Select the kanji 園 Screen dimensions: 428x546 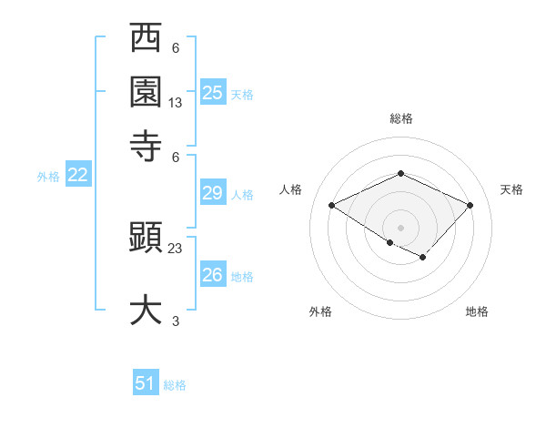tap(146, 91)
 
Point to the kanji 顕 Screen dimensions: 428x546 tap(146, 239)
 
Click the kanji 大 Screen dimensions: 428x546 tap(146, 308)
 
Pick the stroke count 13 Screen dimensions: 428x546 tap(176, 103)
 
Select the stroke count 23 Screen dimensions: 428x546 tap(176, 248)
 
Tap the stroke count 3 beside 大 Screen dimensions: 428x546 tap(176, 321)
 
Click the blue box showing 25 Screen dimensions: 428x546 tap(213, 92)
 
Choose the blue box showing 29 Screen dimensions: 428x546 tap(213, 192)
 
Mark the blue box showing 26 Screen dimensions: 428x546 tap(213, 274)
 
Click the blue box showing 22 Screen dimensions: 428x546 tap(77, 176)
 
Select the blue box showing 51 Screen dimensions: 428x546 tap(146, 383)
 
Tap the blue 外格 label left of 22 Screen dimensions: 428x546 tap(48, 177)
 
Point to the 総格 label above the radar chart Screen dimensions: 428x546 tap(400, 118)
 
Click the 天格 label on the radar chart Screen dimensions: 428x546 tap(511, 189)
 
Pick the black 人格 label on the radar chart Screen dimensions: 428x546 tap(290, 189)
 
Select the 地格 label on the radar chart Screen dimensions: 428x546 tap(477, 311)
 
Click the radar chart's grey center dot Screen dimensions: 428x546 tap(400, 227)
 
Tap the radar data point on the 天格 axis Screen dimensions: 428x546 tap(470, 205)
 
